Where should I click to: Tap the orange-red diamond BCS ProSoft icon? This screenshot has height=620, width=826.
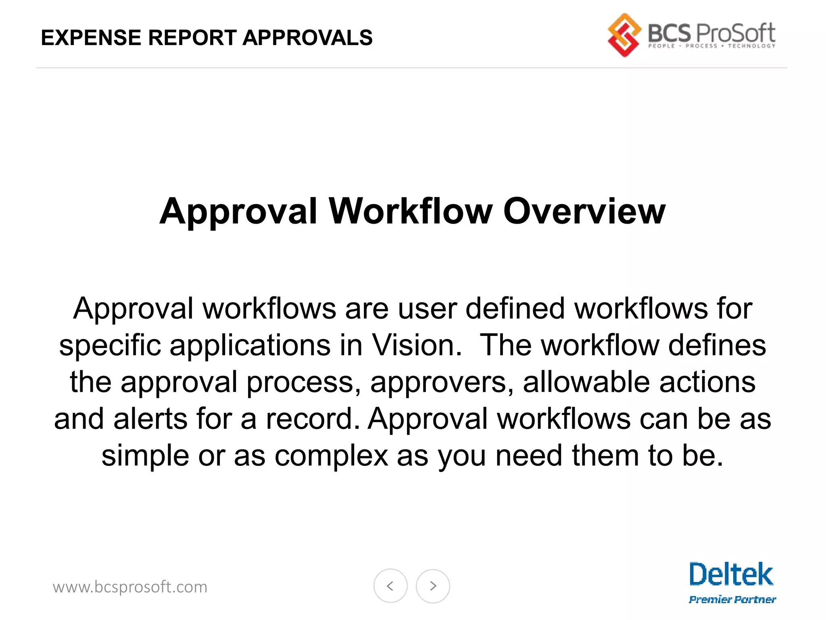[x=624, y=35]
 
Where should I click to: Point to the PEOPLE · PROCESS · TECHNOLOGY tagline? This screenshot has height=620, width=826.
[x=711, y=46]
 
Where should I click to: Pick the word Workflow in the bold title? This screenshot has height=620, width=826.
[x=411, y=212]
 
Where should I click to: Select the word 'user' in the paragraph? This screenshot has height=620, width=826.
[x=427, y=309]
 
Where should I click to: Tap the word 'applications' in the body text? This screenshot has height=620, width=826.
[x=250, y=346]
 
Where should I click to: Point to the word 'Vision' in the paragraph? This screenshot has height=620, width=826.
[x=416, y=346]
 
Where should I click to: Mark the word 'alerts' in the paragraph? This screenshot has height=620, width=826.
[x=150, y=419]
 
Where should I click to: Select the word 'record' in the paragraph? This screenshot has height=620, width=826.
[x=313, y=419]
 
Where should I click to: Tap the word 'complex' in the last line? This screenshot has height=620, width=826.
[x=331, y=457]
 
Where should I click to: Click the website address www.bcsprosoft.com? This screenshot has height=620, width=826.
[x=130, y=587]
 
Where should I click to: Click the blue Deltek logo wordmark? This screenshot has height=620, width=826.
[x=731, y=575]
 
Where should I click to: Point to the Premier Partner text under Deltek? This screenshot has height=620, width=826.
[x=732, y=599]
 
